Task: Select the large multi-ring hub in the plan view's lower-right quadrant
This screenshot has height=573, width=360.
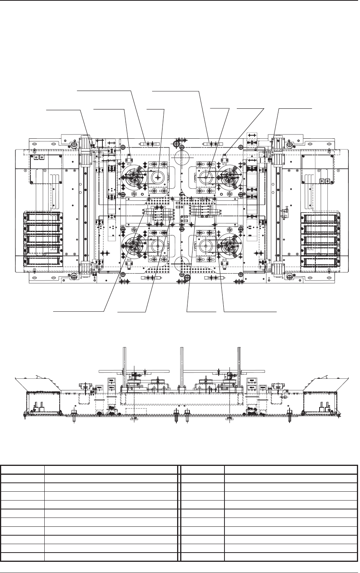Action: pyautogui.click(x=229, y=245)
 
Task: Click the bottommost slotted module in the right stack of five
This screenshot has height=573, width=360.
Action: pyautogui.click(x=320, y=262)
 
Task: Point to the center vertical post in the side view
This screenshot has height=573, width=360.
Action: pyautogui.click(x=181, y=366)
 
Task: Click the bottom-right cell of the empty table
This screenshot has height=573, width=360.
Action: pyautogui.click(x=291, y=557)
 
